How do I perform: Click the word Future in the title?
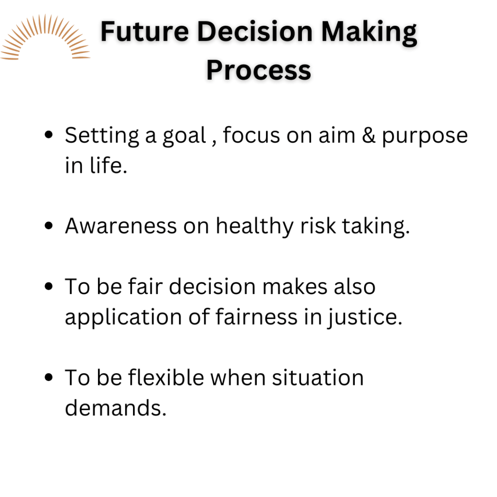pyautogui.click(x=145, y=32)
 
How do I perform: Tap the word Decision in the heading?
pyautogui.click(x=255, y=32)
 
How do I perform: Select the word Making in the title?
pyautogui.click(x=369, y=33)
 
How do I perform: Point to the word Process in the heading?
pyautogui.click(x=259, y=70)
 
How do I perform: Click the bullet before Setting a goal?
pyautogui.click(x=49, y=134)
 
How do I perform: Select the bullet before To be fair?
pyautogui.click(x=49, y=286)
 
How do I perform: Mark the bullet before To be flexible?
pyautogui.click(x=49, y=377)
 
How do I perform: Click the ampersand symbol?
pyautogui.click(x=369, y=135)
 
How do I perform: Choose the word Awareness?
pyautogui.click(x=121, y=226)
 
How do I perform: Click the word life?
pyautogui.click(x=109, y=165)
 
